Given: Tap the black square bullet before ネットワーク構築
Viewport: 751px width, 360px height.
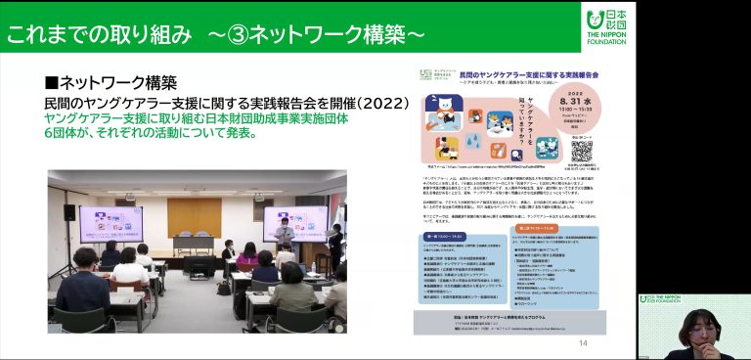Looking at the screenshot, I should pyautogui.click(x=53, y=83).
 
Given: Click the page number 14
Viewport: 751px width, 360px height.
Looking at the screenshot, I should pyautogui.click(x=583, y=343).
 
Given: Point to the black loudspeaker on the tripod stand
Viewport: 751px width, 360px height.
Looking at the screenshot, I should pyautogui.click(x=69, y=212).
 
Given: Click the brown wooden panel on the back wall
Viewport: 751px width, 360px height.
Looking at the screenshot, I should pyautogui.click(x=195, y=217).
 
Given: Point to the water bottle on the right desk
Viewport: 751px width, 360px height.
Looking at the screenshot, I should pyautogui.click(x=312, y=266).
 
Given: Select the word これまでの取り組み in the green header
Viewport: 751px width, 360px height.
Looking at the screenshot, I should pyautogui.click(x=99, y=34).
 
